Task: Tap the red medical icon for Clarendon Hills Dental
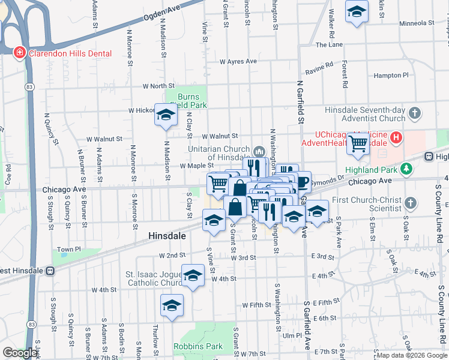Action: pos(19,53)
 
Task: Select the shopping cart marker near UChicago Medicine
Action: pos(358,144)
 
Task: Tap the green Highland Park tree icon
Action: pos(406,170)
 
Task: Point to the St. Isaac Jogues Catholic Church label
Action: pos(154,278)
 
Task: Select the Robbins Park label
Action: pos(197,346)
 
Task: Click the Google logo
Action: pos(20,353)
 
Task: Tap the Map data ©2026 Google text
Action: pos(412,355)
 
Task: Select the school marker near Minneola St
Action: pos(357,11)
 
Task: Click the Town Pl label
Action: pos(68,250)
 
